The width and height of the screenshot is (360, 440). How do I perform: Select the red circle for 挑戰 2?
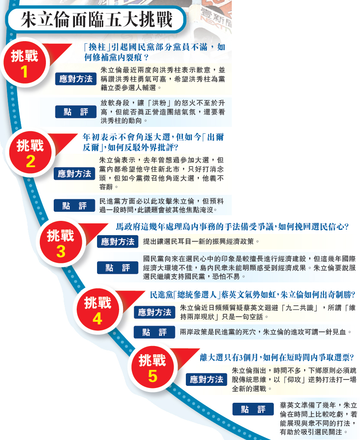(30, 154)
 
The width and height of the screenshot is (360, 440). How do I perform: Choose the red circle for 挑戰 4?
(97, 311)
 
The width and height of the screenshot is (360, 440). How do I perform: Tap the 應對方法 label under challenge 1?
(76, 79)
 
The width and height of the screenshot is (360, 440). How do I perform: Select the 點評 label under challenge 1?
(76, 112)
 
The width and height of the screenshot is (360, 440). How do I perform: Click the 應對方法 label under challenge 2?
(75, 174)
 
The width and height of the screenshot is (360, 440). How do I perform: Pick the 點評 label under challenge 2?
(75, 206)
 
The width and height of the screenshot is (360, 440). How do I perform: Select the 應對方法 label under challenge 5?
(207, 380)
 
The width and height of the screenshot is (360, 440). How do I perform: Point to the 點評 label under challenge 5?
(253, 409)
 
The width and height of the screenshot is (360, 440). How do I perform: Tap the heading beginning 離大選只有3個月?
(277, 357)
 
